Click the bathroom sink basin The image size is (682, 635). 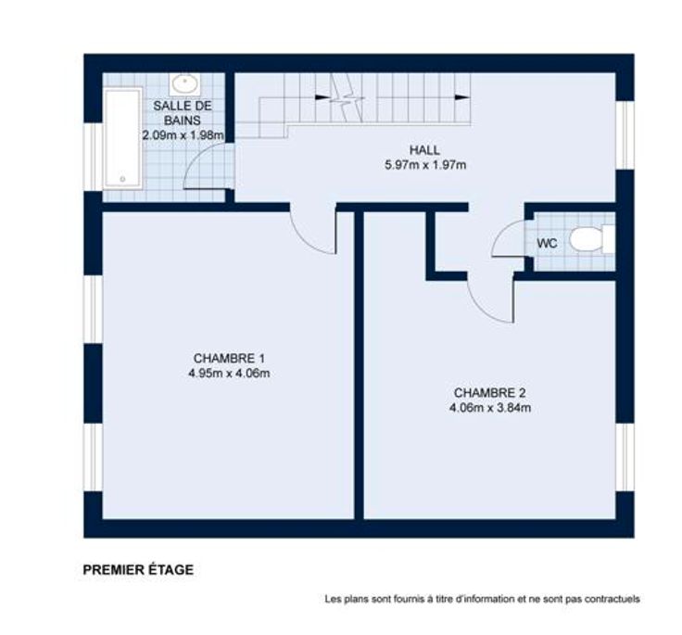click(185, 84)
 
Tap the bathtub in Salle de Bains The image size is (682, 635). click(123, 138)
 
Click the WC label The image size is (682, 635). click(547, 243)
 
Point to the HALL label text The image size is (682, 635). click(424, 150)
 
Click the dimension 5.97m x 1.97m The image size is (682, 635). click(425, 165)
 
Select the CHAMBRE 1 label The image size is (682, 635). click(229, 358)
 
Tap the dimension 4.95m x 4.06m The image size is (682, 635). click(229, 374)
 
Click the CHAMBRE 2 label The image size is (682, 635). click(490, 393)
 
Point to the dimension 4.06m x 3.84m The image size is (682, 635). click(490, 408)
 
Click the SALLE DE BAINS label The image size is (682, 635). click(183, 113)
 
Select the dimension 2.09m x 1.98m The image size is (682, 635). click(183, 135)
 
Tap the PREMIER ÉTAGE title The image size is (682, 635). click(138, 570)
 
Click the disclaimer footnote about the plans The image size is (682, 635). click(483, 599)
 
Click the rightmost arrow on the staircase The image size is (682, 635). click(461, 97)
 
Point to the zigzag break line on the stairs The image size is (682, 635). click(347, 97)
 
